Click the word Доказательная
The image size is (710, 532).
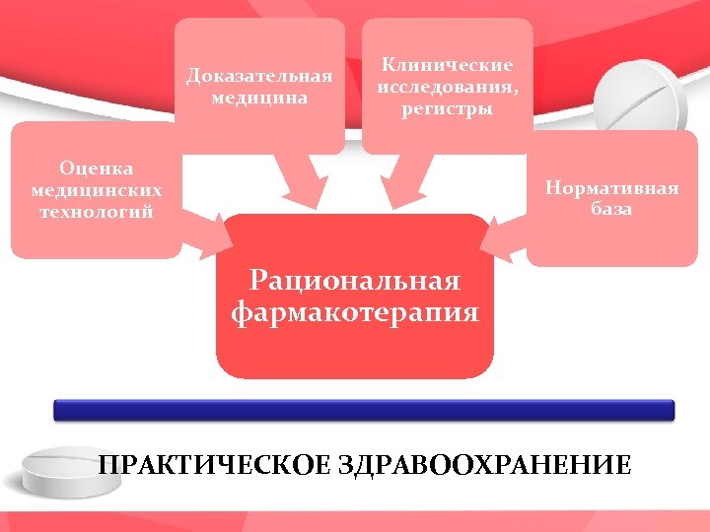pyautogui.click(x=259, y=76)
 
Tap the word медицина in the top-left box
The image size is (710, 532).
pyautogui.click(x=259, y=98)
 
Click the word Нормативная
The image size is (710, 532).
pyautogui.click(x=611, y=187)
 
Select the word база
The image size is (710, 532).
pyautogui.click(x=611, y=209)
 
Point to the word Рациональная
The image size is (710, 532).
pyautogui.click(x=355, y=281)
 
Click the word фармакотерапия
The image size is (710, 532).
pyautogui.click(x=355, y=313)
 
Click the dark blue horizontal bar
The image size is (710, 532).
pyautogui.click(x=364, y=410)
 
